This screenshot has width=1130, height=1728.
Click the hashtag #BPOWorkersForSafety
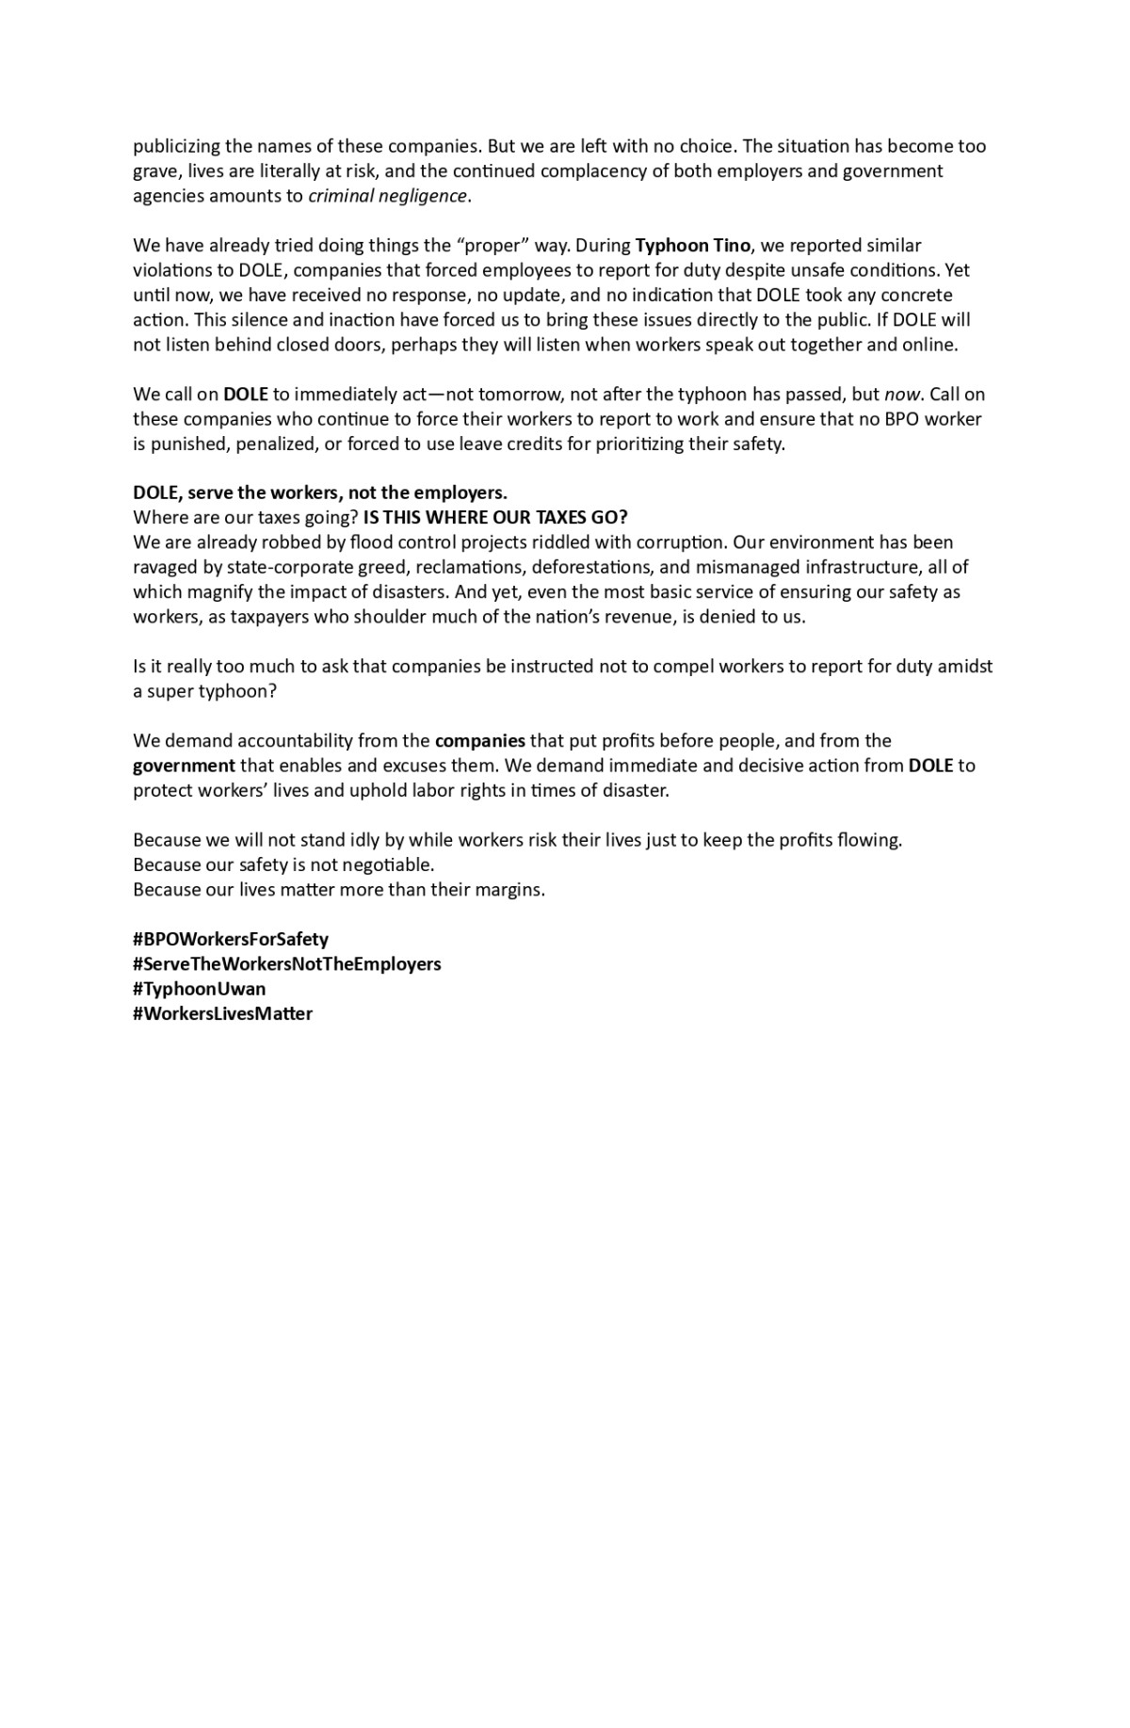point(231,939)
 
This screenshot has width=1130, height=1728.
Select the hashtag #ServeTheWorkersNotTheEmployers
point(287,963)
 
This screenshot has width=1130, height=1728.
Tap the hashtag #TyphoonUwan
point(200,989)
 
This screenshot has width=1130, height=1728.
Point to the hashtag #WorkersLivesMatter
point(223,1013)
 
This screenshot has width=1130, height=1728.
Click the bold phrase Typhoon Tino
point(693,245)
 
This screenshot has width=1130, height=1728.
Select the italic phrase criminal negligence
point(388,196)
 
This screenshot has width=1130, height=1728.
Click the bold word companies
point(480,740)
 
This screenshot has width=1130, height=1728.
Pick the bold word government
point(185,766)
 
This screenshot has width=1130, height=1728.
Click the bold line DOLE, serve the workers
point(320,493)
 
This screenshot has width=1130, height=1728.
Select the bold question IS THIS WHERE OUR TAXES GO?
point(495,517)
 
